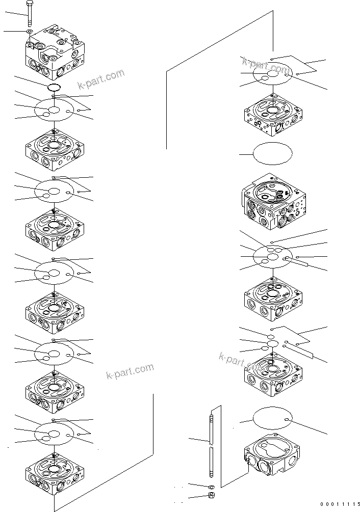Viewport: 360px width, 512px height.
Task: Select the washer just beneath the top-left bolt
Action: (x=30, y=32)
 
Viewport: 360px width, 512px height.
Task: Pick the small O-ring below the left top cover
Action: (x=55, y=88)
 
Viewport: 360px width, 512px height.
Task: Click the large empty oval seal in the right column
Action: (x=273, y=153)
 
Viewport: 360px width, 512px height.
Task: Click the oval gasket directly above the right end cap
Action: (x=273, y=419)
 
